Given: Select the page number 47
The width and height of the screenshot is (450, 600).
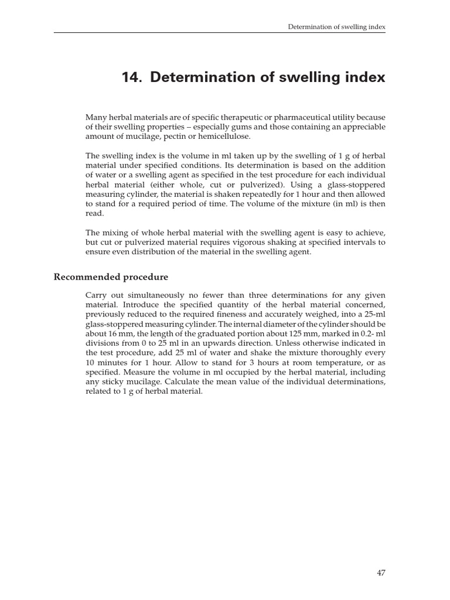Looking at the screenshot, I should (380, 572).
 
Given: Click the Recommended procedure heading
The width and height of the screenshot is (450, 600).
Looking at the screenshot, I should (111, 277).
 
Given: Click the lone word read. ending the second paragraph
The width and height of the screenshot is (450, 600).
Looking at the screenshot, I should (94, 214).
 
